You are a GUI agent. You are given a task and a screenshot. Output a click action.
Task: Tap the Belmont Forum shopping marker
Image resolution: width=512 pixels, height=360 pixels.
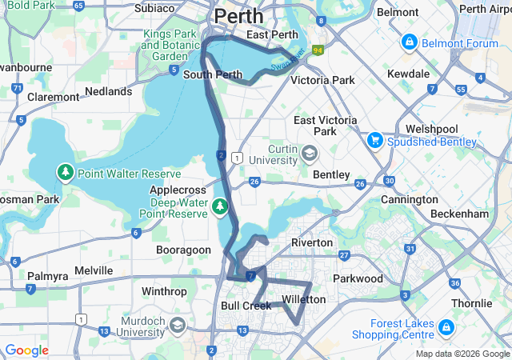pyautogui.click(x=409, y=41)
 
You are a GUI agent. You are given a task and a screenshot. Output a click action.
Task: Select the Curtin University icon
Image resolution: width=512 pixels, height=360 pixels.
pyautogui.click(x=309, y=152)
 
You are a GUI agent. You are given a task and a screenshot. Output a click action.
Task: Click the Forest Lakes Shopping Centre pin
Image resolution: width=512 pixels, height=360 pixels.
pyautogui.click(x=446, y=328)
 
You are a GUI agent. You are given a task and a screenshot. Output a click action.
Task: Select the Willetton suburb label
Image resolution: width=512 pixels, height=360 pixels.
pyautogui.click(x=304, y=299)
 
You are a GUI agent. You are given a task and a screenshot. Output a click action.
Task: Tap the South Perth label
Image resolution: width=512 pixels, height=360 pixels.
pyautogui.click(x=213, y=75)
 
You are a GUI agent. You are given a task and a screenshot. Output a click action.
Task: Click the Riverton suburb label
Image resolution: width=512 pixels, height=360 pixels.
pyautogui.click(x=311, y=242)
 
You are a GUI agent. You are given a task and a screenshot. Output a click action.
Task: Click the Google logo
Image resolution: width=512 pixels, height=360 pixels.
pyautogui.click(x=26, y=350)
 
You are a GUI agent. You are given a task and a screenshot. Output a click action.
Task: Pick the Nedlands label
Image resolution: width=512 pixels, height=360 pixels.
pyautogui.click(x=108, y=92)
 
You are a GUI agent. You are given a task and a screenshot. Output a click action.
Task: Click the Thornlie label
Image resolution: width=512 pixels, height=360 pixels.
pyautogui.click(x=471, y=303)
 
